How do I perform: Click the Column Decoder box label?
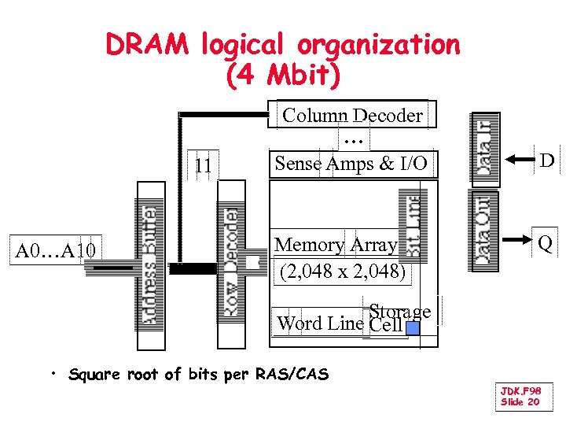tap(352, 116)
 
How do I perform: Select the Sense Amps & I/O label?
tap(351, 164)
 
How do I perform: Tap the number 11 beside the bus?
tap(203, 165)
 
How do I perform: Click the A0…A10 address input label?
tap(56, 251)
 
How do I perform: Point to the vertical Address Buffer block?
tap(151, 266)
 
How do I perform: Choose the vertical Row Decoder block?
tap(231, 264)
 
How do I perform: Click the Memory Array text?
tap(336, 246)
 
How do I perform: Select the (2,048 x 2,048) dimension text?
tap(343, 272)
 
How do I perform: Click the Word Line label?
tap(321, 323)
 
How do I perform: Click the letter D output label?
tap(546, 161)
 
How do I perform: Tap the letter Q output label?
tap(545, 245)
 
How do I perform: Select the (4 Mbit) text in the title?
tap(283, 76)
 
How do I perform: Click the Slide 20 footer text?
tap(520, 402)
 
